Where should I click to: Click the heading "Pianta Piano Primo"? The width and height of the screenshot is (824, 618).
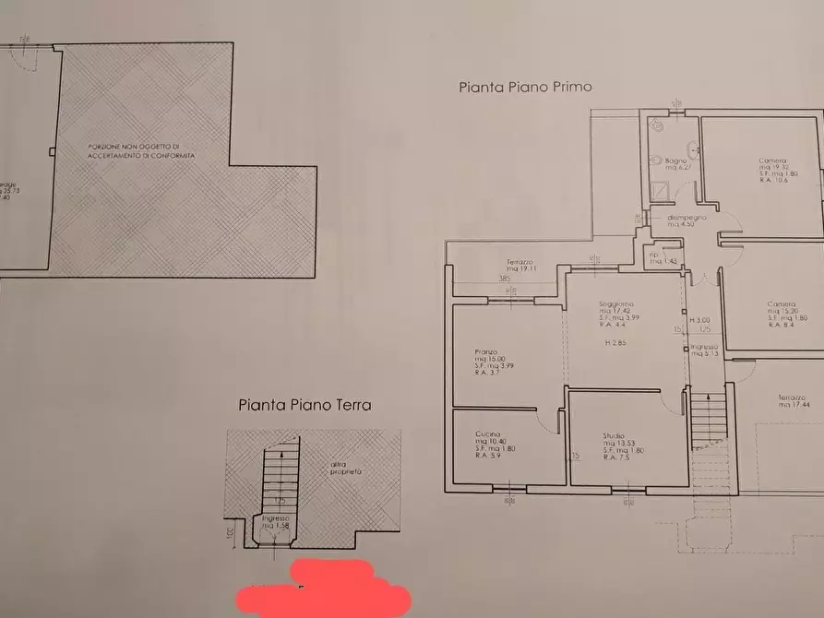tap(525, 88)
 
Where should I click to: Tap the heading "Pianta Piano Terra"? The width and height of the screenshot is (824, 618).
tap(305, 404)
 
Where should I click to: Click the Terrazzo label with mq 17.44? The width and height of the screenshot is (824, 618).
tap(793, 399)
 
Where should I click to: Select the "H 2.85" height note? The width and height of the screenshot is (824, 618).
tap(615, 343)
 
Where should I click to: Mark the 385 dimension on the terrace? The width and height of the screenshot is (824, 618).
tap(504, 278)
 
